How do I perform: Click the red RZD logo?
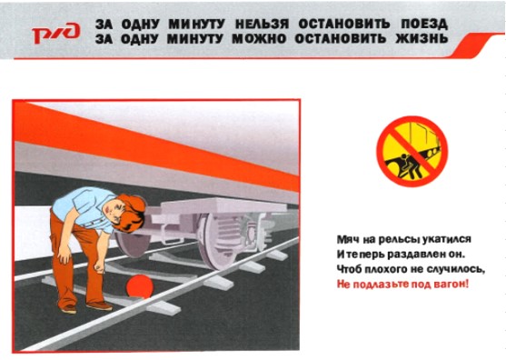coord(55,33)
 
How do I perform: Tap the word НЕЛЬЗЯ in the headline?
coord(262,25)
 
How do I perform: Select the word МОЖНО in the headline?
coord(259,39)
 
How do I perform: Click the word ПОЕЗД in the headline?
coord(424,25)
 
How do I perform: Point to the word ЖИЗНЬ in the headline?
coord(422,39)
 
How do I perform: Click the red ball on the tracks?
coord(139,286)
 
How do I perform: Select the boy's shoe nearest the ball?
coord(99,305)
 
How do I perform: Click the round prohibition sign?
coord(412,151)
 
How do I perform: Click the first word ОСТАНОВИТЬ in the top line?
coord(344,25)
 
